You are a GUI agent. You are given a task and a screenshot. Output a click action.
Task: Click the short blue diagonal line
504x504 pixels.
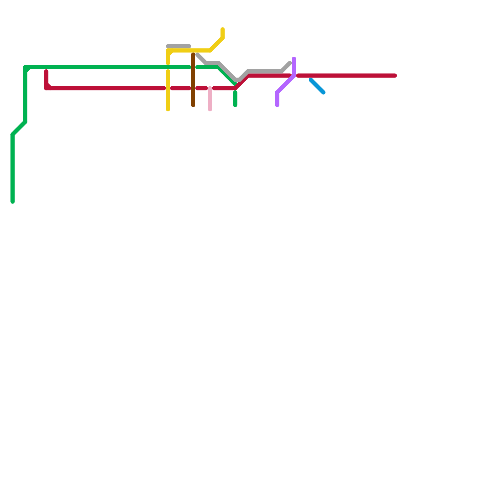tap(317, 86)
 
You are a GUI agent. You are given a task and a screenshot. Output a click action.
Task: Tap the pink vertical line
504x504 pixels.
tap(210, 99)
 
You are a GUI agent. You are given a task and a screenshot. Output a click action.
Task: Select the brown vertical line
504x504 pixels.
tap(193, 80)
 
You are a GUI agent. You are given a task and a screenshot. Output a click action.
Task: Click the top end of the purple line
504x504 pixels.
tap(294, 59)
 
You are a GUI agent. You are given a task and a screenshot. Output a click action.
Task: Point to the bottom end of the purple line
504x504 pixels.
tap(277, 105)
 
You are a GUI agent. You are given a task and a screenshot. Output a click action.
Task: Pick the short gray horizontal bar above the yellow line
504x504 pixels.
tap(179, 46)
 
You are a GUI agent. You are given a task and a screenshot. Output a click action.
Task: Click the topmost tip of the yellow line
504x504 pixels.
tap(223, 29)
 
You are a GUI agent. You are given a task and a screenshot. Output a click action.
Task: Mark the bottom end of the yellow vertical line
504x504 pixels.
tap(168, 109)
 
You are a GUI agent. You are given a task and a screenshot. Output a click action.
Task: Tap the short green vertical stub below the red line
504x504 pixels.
tap(235, 99)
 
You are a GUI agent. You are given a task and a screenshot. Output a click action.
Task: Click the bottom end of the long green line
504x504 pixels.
tap(13, 202)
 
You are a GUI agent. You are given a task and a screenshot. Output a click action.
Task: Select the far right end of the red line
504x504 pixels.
tap(395, 76)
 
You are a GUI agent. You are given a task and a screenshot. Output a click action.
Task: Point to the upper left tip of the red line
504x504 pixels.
tap(46, 72)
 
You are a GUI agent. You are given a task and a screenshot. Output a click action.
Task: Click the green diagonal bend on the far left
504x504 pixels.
tap(19, 128)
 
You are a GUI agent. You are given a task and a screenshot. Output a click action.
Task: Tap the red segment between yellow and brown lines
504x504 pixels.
tap(180, 88)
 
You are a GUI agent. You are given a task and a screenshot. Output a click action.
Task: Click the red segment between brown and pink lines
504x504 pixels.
tap(202, 88)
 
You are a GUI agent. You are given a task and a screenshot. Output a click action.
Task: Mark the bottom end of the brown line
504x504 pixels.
tap(193, 105)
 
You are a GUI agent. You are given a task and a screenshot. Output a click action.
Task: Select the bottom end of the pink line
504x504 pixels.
tap(210, 109)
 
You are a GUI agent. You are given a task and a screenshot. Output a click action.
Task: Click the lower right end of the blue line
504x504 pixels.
tap(324, 93)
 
